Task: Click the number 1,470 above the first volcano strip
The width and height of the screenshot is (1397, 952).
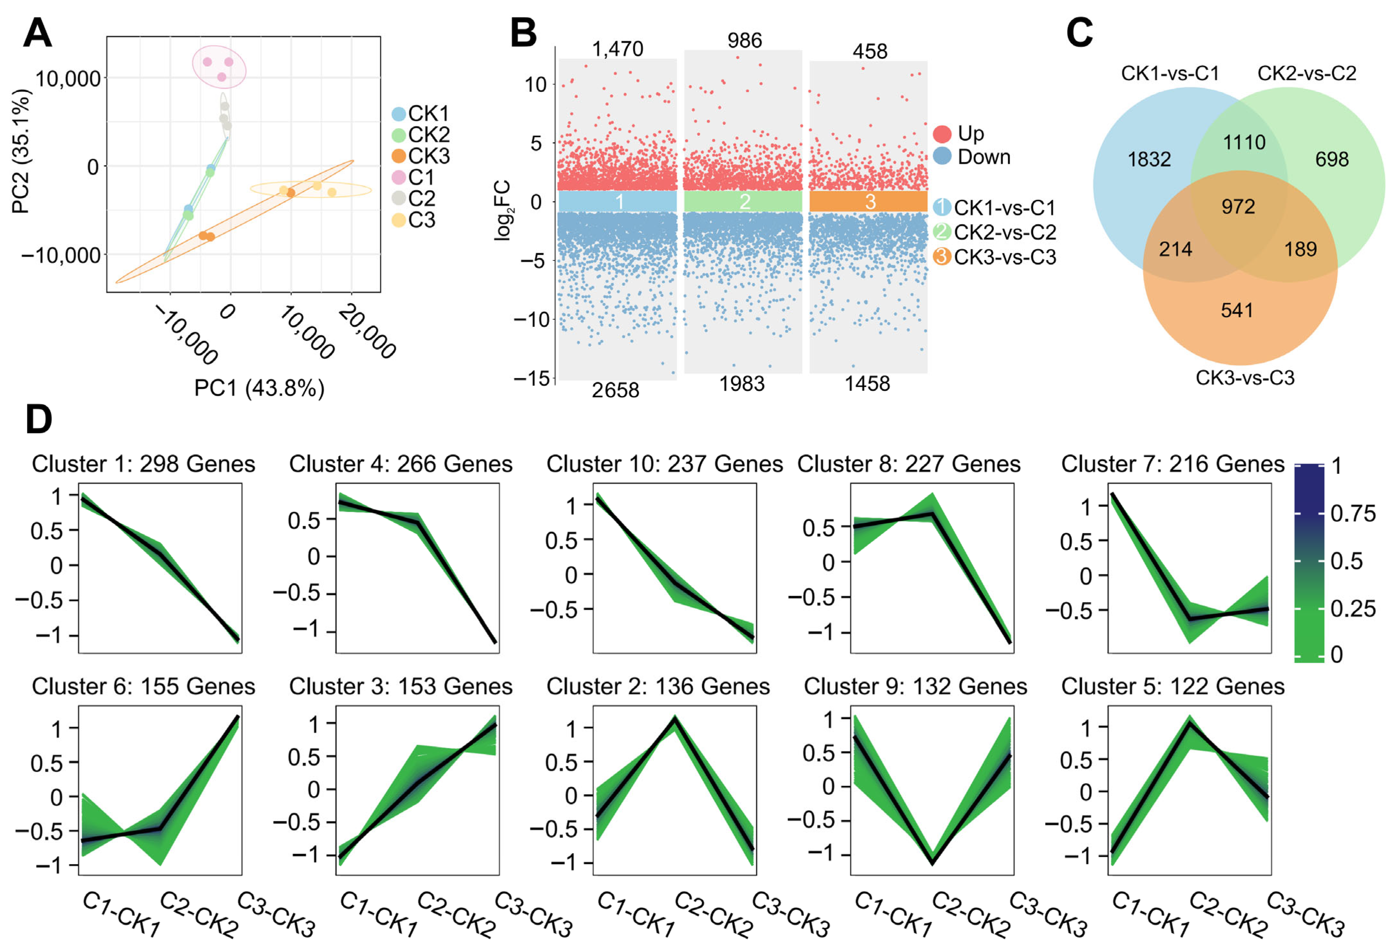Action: (x=617, y=49)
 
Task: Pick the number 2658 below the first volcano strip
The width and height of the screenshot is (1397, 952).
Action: (x=615, y=390)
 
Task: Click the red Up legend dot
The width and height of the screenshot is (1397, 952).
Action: (x=942, y=134)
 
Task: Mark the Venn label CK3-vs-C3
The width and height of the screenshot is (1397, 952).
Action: (x=1244, y=378)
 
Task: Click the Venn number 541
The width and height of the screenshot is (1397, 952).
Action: (x=1237, y=310)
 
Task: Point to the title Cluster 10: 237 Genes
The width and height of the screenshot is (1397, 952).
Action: (x=664, y=464)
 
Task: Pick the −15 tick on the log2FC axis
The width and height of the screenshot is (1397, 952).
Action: (x=532, y=378)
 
